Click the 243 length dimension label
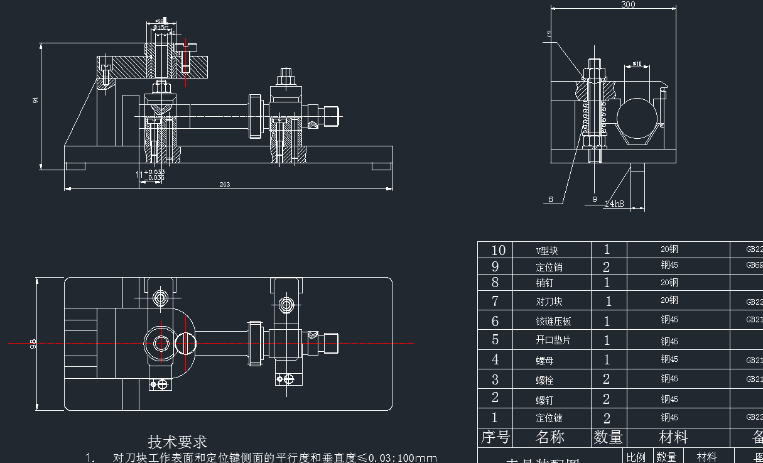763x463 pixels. pos(225,185)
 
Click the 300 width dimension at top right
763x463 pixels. pos(628,4)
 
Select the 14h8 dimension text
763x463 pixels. pos(614,204)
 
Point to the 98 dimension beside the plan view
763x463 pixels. pos(33,343)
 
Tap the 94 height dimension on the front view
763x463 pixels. pos(35,99)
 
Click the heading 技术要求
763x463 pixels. pos(177,442)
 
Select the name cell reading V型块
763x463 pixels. pos(548,250)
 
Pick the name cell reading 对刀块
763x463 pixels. pos(549,302)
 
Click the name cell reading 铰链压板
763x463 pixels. pos(553,321)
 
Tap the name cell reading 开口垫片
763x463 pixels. pos(553,340)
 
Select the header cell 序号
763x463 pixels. pos(495,437)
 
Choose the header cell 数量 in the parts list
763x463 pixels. pos(608,437)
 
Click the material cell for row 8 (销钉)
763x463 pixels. pos(669,283)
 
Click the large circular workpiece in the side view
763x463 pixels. pos(637,119)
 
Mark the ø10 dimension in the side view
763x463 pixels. pos(636,64)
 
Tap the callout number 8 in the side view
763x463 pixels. pos(551,200)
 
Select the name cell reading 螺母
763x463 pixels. pos(544,361)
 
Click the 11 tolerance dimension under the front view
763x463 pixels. pos(149,174)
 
